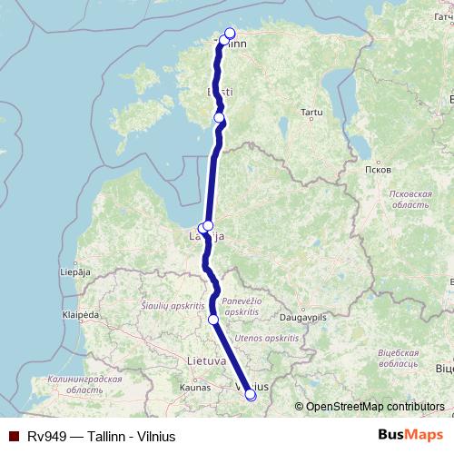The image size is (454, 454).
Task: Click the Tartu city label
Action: tap(312, 113)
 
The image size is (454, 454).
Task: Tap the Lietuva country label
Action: tap(206, 360)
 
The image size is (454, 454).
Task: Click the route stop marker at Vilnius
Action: tap(251, 395)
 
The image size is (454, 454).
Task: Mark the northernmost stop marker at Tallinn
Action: tap(230, 34)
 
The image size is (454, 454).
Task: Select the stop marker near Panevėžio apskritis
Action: tap(213, 320)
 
